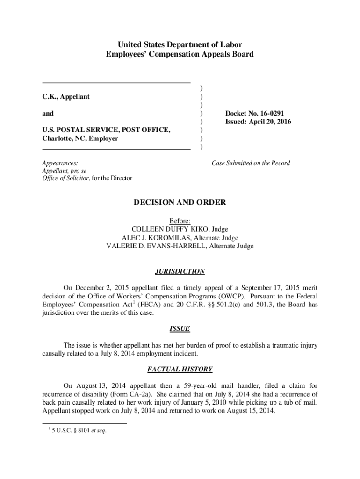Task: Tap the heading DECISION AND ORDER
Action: pos(180,203)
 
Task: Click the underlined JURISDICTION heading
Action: pos(180,271)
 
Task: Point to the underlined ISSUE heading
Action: pos(180,328)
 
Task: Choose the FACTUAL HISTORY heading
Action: pos(180,369)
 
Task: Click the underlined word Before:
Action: pos(180,221)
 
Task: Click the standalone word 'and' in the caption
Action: pos(48,113)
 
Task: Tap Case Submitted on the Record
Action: pos(251,163)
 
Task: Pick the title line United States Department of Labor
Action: pos(180,45)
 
